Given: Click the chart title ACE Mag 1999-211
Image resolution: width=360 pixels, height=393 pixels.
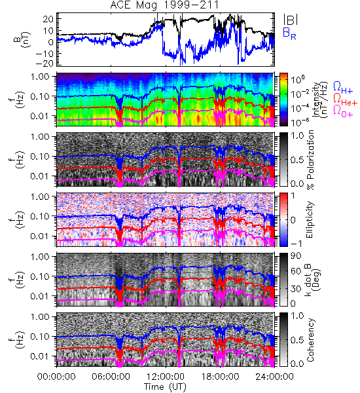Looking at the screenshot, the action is (164, 5).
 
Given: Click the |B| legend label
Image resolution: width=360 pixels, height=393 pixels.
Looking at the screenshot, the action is (291, 19).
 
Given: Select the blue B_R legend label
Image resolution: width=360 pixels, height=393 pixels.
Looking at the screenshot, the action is (289, 33).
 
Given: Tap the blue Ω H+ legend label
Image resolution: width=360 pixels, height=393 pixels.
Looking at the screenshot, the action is (343, 88).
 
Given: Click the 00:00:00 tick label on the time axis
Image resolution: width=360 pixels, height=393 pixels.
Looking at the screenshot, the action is (56, 377).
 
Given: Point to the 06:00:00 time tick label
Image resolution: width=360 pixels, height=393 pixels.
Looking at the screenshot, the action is (111, 377).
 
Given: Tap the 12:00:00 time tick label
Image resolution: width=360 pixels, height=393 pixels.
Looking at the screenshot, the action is (166, 377).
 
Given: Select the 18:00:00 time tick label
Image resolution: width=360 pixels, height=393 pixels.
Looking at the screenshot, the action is (220, 377).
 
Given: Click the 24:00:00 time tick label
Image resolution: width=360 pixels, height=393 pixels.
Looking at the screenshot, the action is (274, 377).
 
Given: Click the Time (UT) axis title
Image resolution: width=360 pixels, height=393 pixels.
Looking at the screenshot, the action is (166, 386).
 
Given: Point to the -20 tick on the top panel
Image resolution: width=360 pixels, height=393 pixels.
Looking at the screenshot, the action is (45, 64).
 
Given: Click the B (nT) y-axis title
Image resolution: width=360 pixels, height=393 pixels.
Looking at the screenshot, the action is (22, 39).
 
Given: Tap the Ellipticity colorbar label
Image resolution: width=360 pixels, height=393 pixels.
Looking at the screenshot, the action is (310, 219).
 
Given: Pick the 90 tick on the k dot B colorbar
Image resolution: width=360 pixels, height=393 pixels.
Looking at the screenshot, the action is (297, 255).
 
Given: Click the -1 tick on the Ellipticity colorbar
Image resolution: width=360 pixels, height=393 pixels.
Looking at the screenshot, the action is (296, 244).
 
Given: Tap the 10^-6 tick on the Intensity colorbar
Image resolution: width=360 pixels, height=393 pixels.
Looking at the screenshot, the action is (297, 122).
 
